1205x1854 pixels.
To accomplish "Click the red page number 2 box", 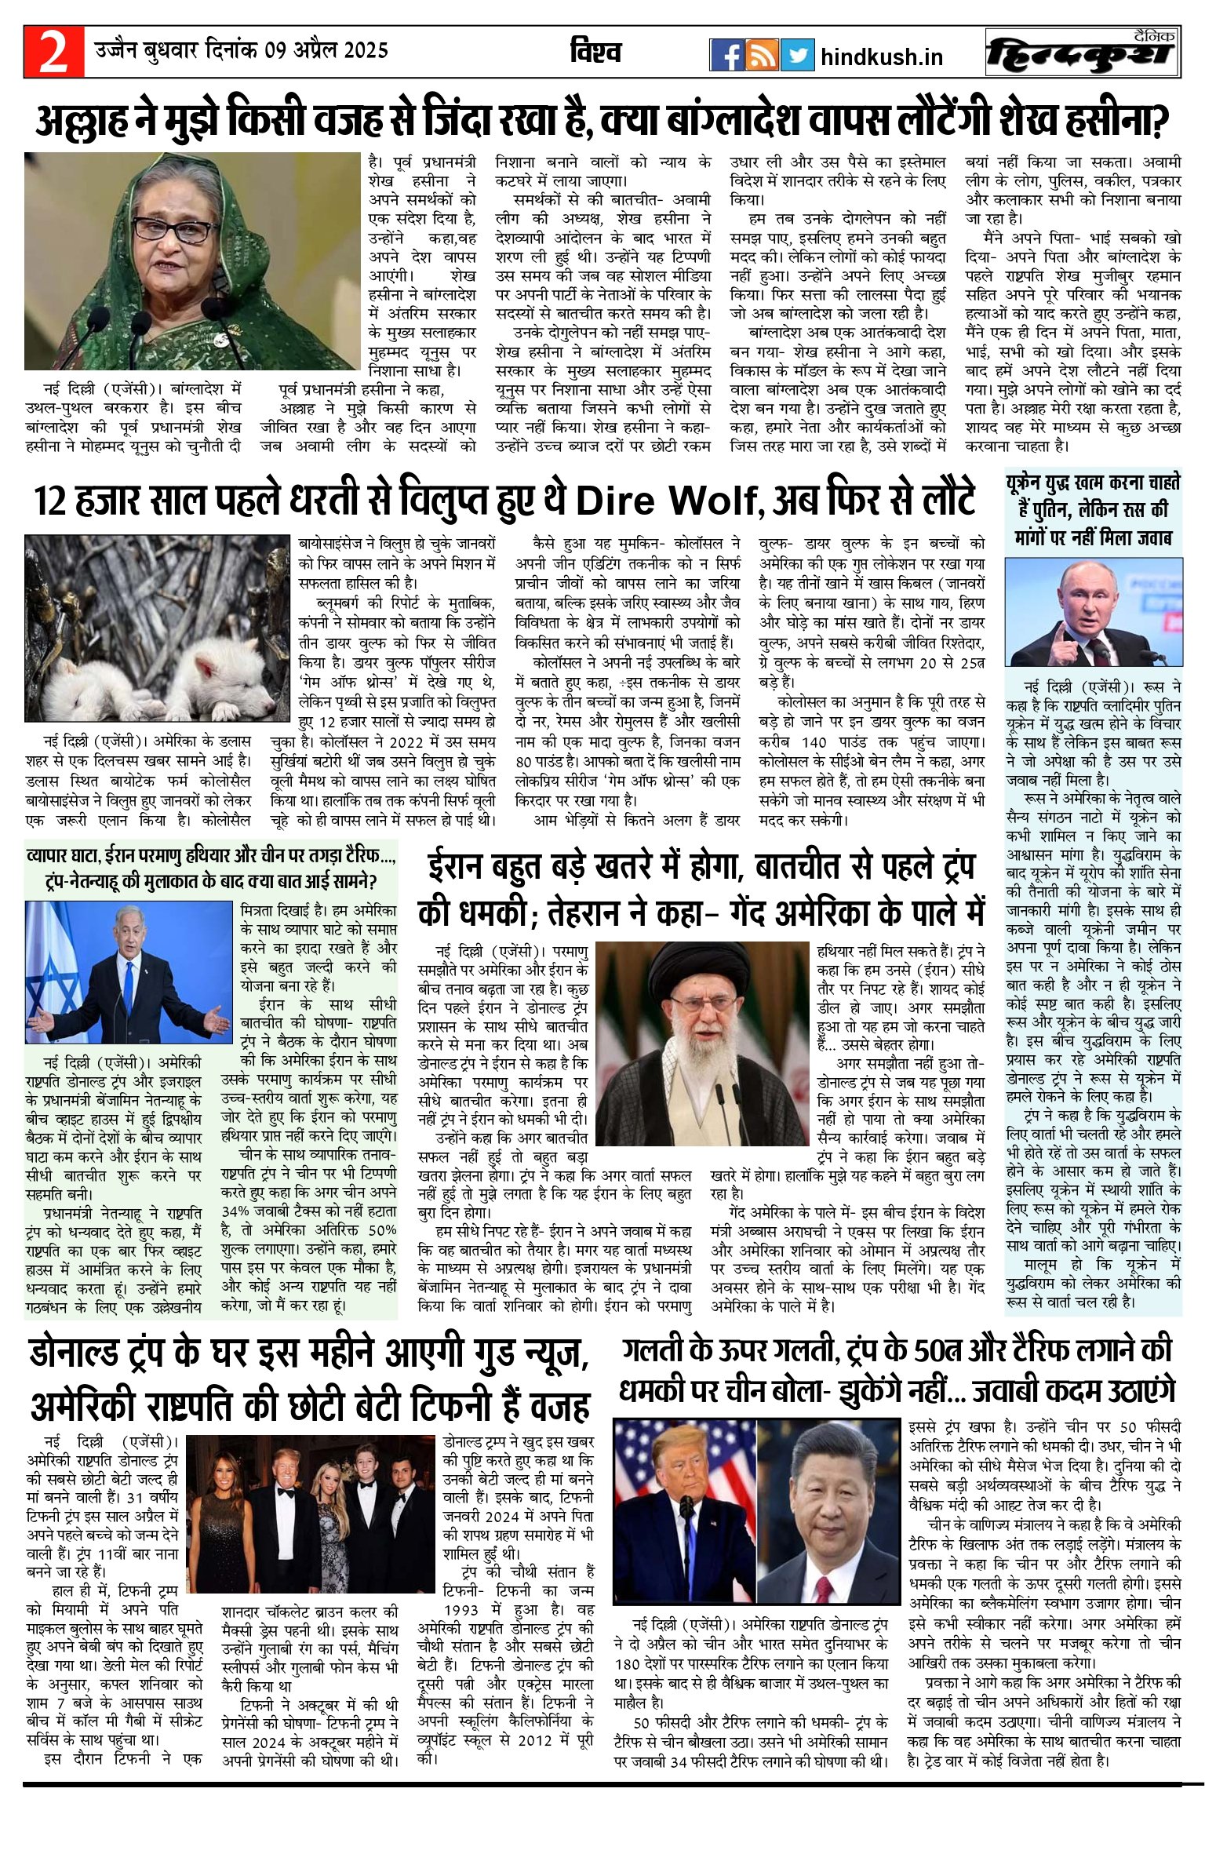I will (53, 52).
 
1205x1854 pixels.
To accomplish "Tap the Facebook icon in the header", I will (727, 55).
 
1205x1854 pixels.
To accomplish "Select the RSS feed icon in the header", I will (761, 55).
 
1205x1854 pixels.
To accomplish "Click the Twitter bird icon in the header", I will (797, 55).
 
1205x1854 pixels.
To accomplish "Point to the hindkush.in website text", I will (881, 56).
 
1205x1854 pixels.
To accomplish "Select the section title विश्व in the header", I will (595, 52).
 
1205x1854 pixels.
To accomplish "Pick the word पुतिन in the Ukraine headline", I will (1052, 509).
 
